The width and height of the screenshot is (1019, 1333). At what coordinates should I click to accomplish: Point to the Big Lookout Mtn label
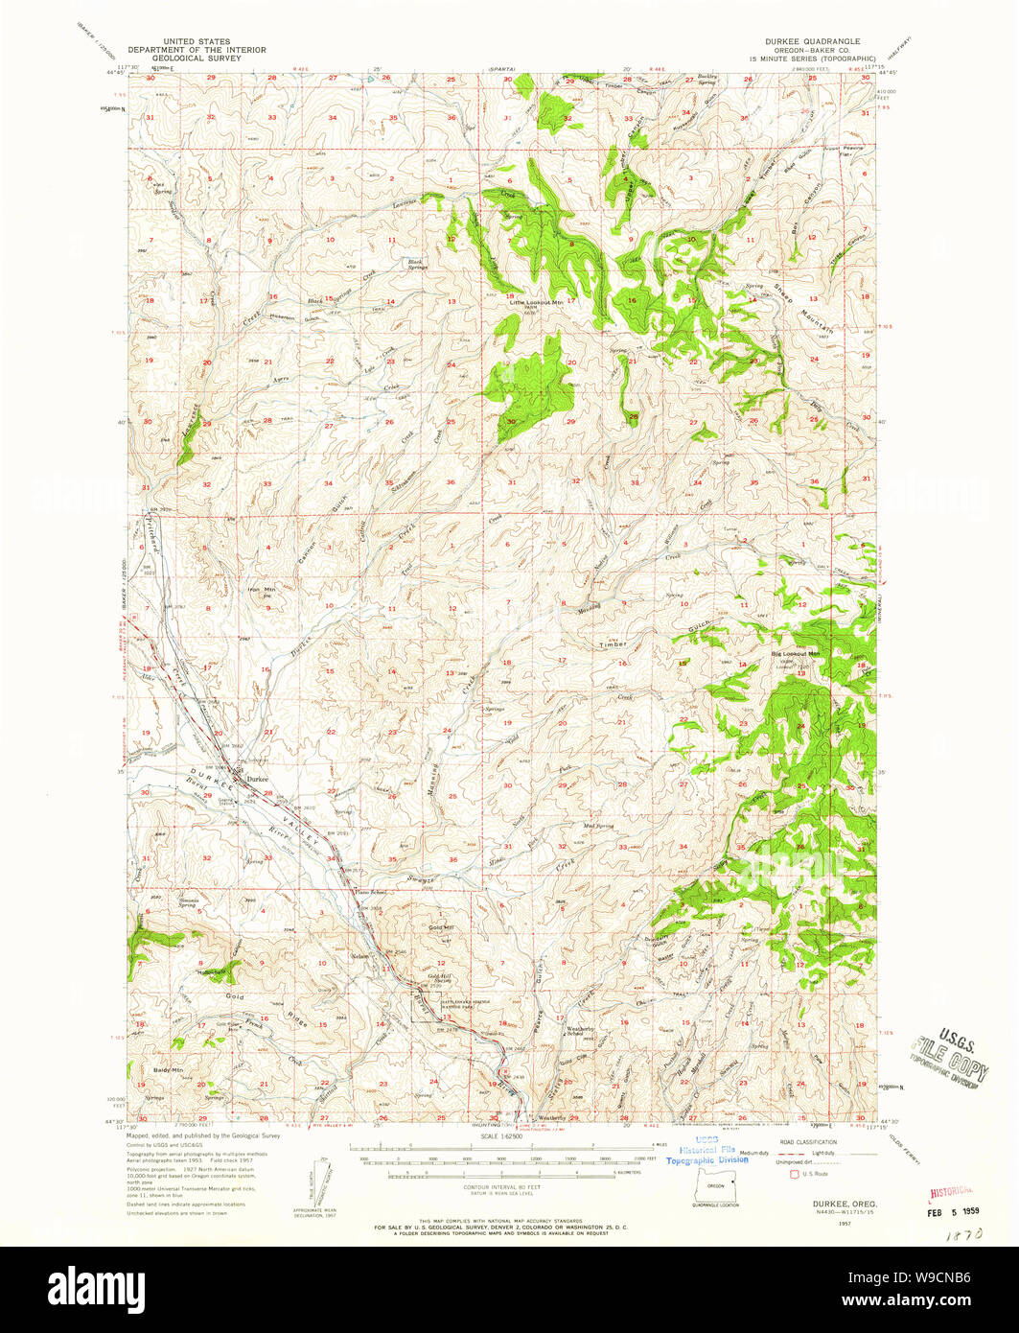point(797,654)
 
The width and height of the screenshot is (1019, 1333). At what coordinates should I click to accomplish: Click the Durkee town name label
point(257,779)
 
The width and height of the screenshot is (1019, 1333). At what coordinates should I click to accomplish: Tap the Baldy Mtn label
point(169,1068)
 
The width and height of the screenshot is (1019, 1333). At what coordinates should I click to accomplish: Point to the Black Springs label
point(415,263)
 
